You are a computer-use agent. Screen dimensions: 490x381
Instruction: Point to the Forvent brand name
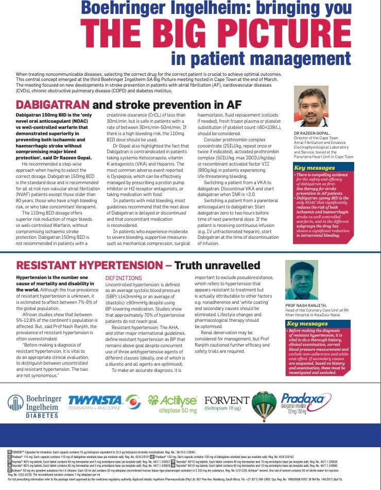pyautogui.click(x=227, y=400)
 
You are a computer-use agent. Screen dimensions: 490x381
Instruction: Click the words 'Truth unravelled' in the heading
pyautogui.click(x=217, y=266)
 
